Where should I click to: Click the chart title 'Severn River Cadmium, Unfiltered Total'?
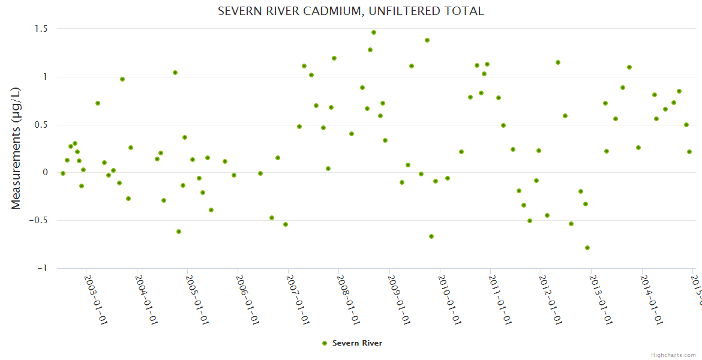350,11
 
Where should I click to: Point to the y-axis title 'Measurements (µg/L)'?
16,149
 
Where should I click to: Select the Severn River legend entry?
352,343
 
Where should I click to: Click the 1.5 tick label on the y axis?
41,29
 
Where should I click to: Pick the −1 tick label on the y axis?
43,268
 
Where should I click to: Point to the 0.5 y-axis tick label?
41,125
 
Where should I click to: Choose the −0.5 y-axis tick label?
40,220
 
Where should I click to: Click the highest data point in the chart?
374,32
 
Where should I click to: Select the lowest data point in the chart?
587,248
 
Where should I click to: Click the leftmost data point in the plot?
63,173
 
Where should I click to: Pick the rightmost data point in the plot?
689,152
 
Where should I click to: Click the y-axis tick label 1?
45,77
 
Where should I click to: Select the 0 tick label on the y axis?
45,172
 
